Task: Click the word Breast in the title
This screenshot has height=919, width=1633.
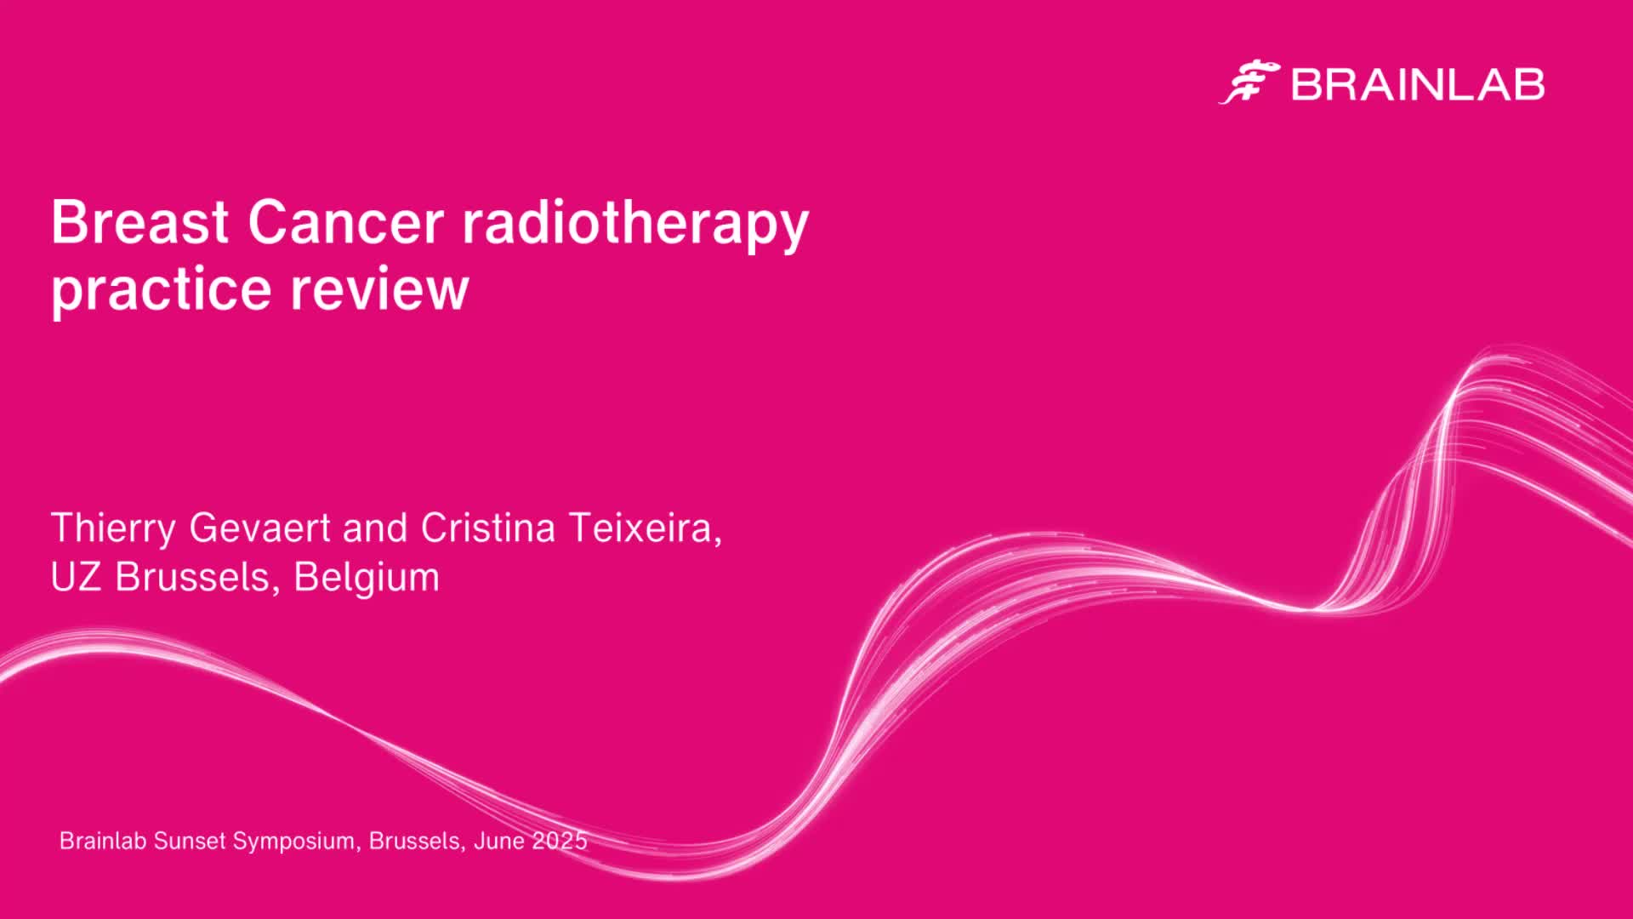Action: [140, 222]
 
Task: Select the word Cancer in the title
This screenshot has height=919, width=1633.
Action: [345, 222]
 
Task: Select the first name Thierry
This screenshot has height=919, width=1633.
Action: [114, 528]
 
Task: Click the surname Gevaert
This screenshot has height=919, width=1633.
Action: [259, 528]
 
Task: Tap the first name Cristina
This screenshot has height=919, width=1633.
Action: [488, 528]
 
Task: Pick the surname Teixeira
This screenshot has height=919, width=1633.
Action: [645, 528]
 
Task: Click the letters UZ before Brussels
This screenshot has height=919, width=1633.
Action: [77, 577]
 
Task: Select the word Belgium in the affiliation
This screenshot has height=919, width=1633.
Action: [367, 578]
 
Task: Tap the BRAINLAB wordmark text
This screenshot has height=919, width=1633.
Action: [1418, 85]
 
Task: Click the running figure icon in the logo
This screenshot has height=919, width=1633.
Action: [1249, 83]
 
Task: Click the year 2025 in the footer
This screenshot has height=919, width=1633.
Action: [560, 841]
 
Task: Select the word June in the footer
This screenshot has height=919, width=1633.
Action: [499, 841]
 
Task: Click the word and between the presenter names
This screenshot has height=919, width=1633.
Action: [375, 528]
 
